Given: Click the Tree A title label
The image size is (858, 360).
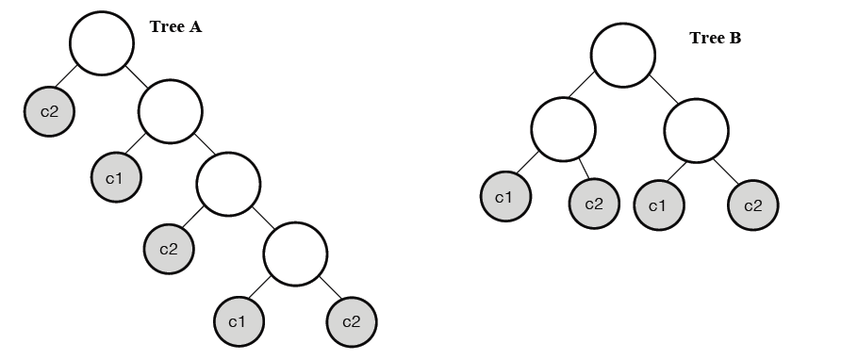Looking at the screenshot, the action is point(175,26).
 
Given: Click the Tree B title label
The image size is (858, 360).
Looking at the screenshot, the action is point(716,39).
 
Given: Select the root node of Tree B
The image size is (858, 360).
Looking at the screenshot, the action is point(623,55).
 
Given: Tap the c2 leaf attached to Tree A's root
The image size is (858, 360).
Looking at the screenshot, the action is point(49,111).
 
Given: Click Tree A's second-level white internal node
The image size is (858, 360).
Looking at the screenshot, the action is point(171,111).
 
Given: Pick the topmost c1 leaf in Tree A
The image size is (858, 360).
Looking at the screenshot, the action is point(116,176).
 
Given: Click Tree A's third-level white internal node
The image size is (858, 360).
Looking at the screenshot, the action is point(228,182).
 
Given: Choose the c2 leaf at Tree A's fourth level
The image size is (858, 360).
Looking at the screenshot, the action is point(169,249).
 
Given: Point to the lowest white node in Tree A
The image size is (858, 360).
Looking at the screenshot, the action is point(295,253).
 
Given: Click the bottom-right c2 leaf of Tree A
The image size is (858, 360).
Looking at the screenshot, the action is point(352,321).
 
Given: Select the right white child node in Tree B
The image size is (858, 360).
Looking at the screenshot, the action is point(696,131).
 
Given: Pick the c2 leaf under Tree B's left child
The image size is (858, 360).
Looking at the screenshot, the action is point(594,203).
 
